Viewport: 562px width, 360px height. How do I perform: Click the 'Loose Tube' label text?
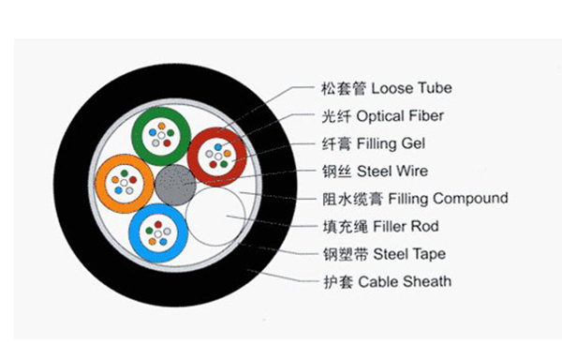point(411,88)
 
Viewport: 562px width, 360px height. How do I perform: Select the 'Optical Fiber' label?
point(400,116)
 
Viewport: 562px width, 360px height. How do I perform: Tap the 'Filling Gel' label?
point(391,143)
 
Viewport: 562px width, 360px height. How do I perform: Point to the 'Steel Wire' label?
point(392,171)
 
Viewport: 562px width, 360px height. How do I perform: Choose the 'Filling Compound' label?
point(448,199)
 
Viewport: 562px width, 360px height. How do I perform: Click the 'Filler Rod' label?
point(406,226)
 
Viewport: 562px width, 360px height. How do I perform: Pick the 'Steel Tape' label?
point(409,254)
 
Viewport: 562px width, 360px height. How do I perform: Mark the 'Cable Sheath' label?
point(405,281)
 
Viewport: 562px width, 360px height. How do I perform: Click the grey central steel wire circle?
point(175,185)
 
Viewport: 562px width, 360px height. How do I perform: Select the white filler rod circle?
point(215,217)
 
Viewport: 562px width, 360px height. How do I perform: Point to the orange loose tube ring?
point(101,184)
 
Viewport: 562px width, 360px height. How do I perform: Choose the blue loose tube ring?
point(135,233)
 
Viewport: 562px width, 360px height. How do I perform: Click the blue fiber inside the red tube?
point(218,147)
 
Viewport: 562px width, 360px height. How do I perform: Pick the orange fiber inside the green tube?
point(162,126)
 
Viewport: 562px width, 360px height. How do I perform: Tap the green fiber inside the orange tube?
point(125,173)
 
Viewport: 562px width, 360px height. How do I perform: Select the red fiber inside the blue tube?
point(158,225)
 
